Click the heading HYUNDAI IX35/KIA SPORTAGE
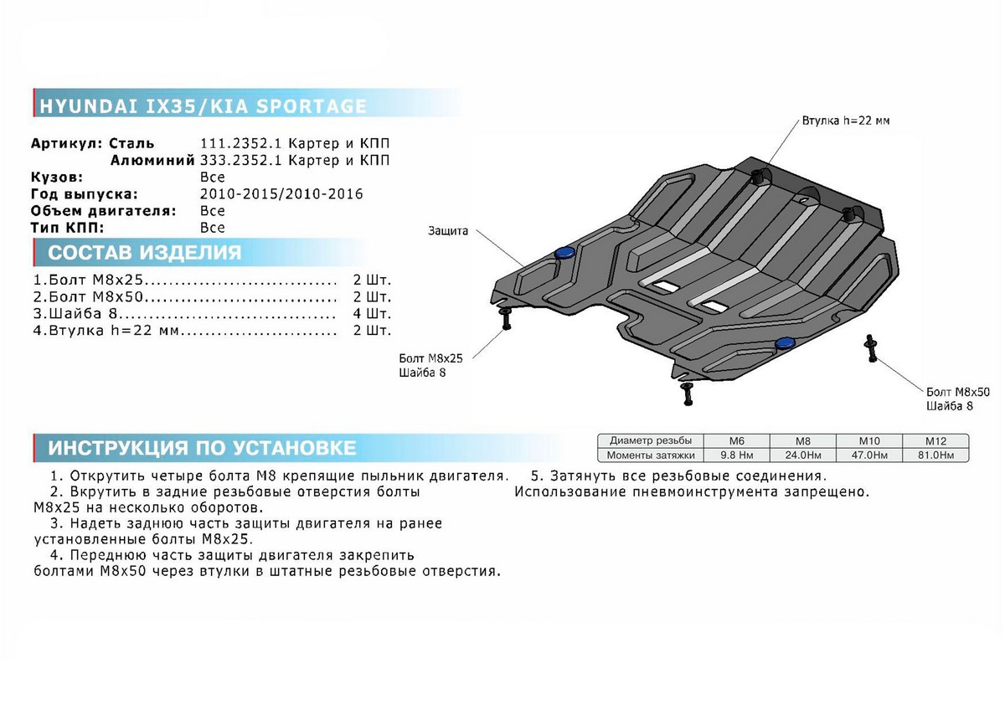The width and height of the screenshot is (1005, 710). (203, 105)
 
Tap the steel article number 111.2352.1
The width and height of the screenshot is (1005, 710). (240, 143)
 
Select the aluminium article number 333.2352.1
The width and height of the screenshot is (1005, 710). (240, 160)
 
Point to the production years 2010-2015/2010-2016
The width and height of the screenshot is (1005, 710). (281, 193)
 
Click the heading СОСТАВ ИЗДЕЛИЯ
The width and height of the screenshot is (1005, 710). (144, 253)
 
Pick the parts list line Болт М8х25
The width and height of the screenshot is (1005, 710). (88, 280)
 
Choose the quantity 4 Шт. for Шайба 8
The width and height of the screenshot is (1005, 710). (372, 313)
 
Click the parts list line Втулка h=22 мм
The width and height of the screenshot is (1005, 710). (106, 331)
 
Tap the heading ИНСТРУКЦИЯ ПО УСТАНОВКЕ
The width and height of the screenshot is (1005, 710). (202, 448)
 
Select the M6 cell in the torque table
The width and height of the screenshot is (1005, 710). (736, 441)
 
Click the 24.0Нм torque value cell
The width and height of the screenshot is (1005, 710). (802, 455)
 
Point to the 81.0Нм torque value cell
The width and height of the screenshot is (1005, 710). (935, 455)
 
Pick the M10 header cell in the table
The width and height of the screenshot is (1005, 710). (869, 441)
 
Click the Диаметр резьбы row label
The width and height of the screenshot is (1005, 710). (651, 441)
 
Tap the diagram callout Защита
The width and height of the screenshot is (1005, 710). (448, 231)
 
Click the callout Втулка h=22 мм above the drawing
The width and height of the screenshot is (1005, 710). (845, 121)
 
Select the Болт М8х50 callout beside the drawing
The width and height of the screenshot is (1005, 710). (958, 392)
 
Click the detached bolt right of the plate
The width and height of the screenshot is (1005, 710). (871, 348)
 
